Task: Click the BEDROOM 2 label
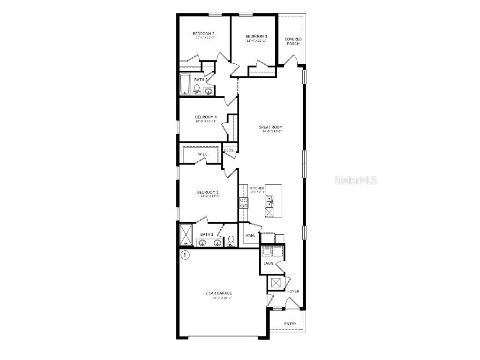coord(203,34)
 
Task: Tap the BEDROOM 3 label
coord(256,37)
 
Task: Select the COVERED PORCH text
coord(293,42)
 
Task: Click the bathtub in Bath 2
coord(185,84)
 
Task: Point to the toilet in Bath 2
coord(197,89)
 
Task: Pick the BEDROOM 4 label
coord(206,117)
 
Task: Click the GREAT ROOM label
coord(270,127)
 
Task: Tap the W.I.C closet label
coord(202,154)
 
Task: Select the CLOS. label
coord(229,150)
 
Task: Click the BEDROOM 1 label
coord(208,192)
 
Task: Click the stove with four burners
coord(244,202)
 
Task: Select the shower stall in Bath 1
coord(186,235)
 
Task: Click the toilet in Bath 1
coord(231,241)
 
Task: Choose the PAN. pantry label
coord(250,235)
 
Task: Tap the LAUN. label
coord(269,263)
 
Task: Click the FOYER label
coord(293,291)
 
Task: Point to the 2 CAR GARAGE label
coord(218,293)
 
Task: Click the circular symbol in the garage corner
coord(185,255)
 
